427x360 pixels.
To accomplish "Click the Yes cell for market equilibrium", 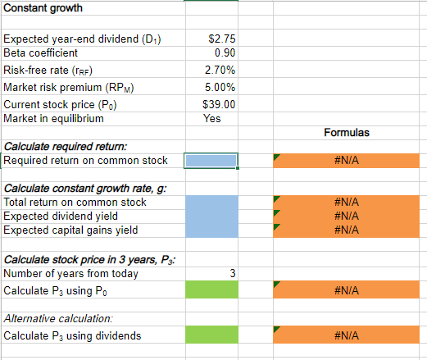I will click(x=211, y=118).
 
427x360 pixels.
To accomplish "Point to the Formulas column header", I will click(x=347, y=132).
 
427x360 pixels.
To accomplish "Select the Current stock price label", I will click(x=61, y=104).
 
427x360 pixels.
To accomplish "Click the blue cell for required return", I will click(x=211, y=161).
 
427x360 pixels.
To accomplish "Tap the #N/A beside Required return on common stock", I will click(x=347, y=161).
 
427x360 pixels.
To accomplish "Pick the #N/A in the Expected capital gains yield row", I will click(x=347, y=230).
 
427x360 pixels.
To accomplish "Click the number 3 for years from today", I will click(x=233, y=273).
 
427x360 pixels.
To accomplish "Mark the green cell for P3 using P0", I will click(x=211, y=290).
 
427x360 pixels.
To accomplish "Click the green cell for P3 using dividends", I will click(x=211, y=335).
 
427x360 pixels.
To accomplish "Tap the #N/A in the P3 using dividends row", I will click(x=347, y=335).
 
